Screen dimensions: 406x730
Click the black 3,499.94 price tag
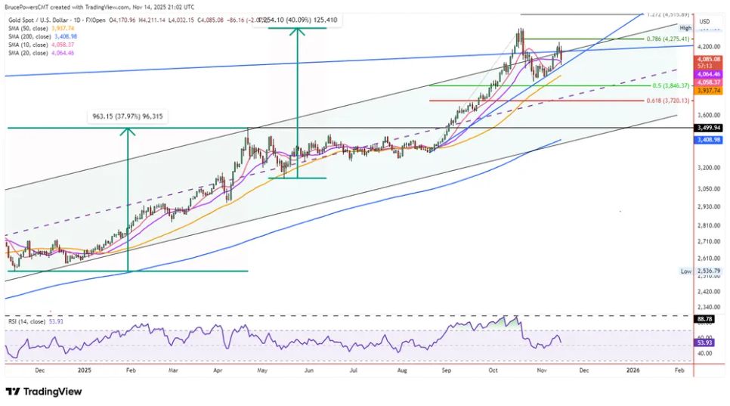tap(708, 128)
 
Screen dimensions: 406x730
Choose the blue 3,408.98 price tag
tap(708, 140)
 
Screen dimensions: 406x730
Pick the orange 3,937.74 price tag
tap(708, 90)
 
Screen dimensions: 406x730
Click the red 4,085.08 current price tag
tap(708, 58)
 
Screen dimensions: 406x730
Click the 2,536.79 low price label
tap(708, 271)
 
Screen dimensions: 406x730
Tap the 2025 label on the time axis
tap(84, 371)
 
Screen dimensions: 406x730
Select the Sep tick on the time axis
tap(446, 371)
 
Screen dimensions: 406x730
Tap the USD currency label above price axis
tap(705, 21)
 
